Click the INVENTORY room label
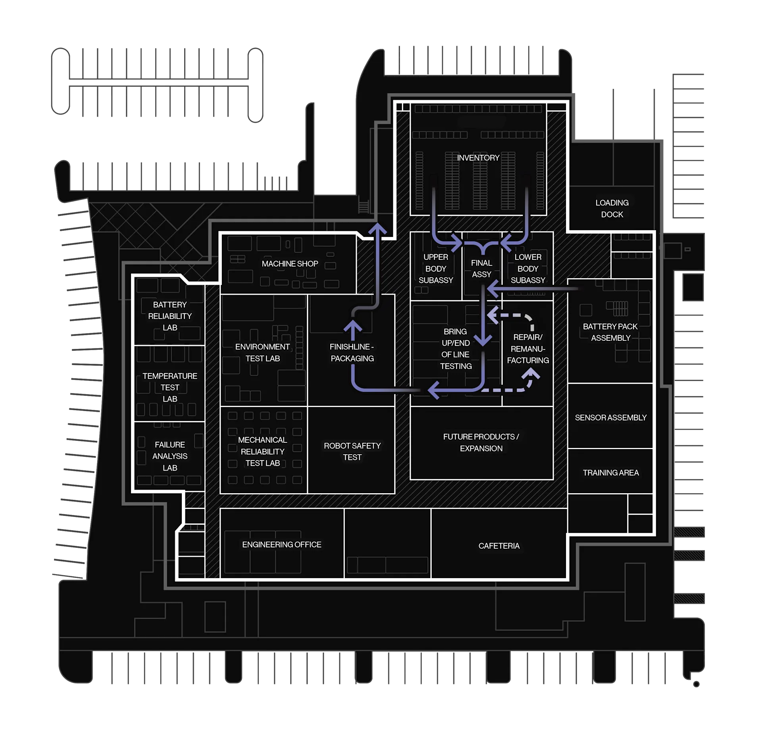pos(478,158)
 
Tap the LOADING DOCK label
pos(612,209)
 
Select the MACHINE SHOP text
pos(290,264)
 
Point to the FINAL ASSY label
pos(481,269)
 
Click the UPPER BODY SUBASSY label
pos(435,269)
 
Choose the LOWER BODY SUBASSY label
pos(528,269)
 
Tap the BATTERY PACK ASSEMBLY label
pos(610,332)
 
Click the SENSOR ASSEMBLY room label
pos(610,417)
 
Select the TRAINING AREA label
pos(610,473)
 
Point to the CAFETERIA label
pos(499,546)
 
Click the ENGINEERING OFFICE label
pos(282,545)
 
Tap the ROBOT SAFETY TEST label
pos(352,451)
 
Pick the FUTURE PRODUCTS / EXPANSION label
pos(481,442)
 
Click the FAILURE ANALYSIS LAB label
pos(170,456)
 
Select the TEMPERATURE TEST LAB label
pos(170,387)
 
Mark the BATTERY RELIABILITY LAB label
pos(170,316)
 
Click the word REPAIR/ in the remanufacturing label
pos(528,337)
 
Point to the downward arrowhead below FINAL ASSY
pos(483,340)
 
